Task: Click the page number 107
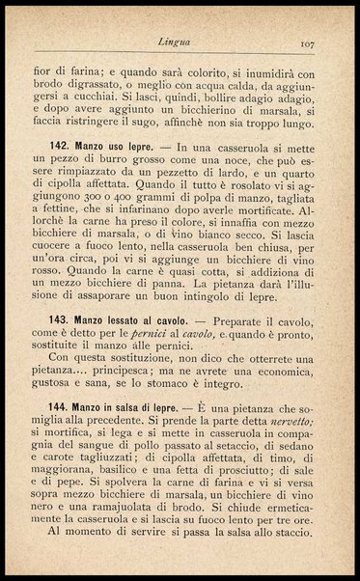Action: point(309,43)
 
